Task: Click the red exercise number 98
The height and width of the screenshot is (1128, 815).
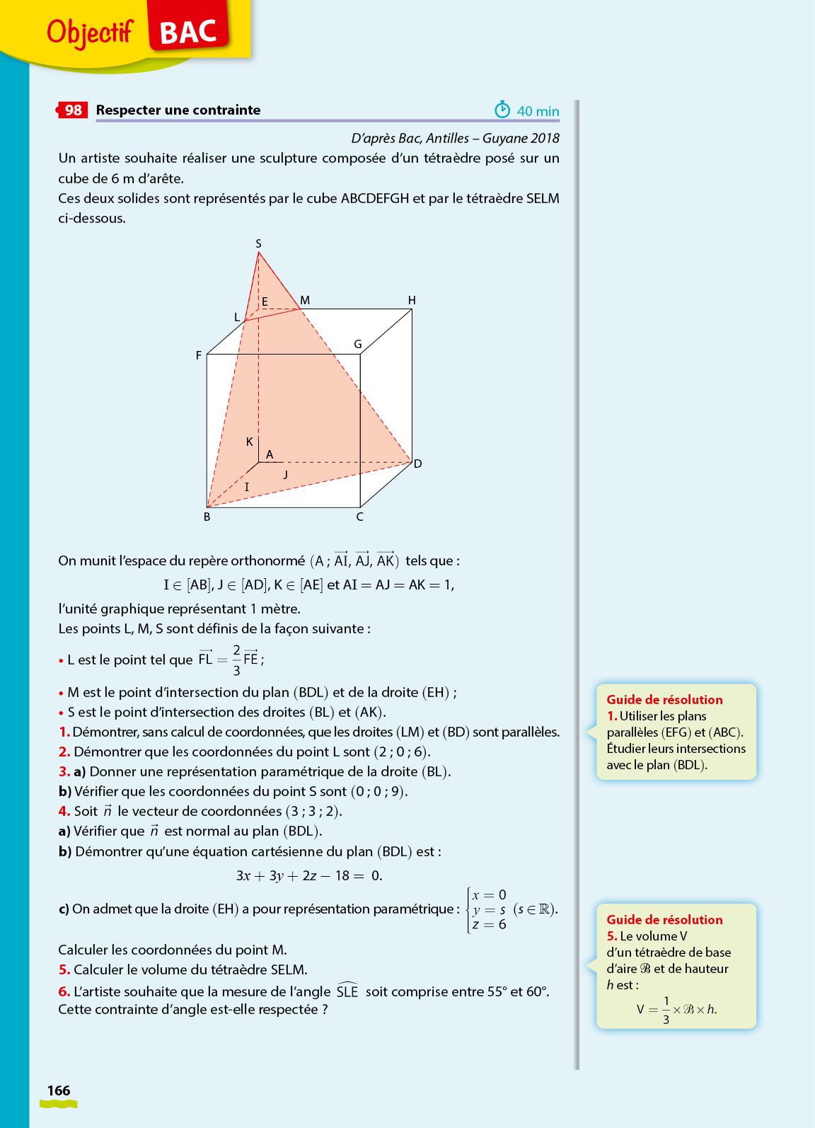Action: point(73,110)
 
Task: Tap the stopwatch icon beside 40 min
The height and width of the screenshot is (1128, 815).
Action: point(502,110)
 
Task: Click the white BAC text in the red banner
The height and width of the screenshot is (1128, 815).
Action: point(188,33)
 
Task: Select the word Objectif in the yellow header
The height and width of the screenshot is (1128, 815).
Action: point(90,32)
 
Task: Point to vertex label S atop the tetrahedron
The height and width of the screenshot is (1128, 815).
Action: point(258,243)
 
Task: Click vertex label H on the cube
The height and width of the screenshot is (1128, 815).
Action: point(412,300)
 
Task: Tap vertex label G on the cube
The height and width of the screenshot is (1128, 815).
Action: point(358,345)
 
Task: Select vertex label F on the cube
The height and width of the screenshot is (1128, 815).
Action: point(199,355)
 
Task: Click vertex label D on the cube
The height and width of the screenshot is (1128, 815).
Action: point(418,464)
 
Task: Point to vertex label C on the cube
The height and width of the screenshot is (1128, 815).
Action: point(360,517)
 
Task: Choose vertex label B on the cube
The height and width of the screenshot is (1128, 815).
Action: point(207,517)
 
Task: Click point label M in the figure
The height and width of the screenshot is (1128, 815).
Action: point(305,301)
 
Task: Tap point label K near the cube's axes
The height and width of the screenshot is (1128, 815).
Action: point(249,442)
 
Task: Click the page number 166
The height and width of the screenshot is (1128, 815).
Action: point(59,1090)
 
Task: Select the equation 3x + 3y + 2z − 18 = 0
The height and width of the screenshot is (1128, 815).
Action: point(309,876)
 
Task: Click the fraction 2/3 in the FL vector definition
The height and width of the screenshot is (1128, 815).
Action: point(236,660)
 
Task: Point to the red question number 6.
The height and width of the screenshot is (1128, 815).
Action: point(64,991)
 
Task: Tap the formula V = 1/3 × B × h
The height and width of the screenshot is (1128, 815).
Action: point(676,1010)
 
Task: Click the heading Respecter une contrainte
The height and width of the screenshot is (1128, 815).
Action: point(178,110)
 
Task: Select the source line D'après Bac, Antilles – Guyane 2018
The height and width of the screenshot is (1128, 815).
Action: point(455,139)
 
